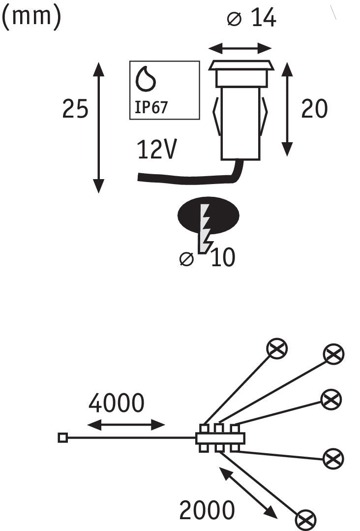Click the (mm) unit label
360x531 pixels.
pyautogui.click(x=32, y=16)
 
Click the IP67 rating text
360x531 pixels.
pyautogui.click(x=151, y=107)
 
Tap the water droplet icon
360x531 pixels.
pyautogui.click(x=146, y=79)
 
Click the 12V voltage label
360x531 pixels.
pyautogui.click(x=157, y=149)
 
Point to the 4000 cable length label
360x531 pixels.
pyautogui.click(x=117, y=403)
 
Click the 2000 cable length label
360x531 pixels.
pyautogui.click(x=207, y=510)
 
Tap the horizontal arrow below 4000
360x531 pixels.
pyautogui.click(x=126, y=425)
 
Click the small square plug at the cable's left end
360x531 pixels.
pyautogui.click(x=62, y=438)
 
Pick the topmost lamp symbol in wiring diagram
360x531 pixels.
pyautogui.click(x=277, y=348)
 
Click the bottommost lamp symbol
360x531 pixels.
pyautogui.click(x=305, y=521)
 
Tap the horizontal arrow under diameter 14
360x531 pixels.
pyautogui.click(x=240, y=48)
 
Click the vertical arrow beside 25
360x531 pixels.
pyautogui.click(x=98, y=127)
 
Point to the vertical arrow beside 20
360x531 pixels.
pyautogui.click(x=287, y=109)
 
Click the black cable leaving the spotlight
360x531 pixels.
pyautogui.click(x=189, y=180)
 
